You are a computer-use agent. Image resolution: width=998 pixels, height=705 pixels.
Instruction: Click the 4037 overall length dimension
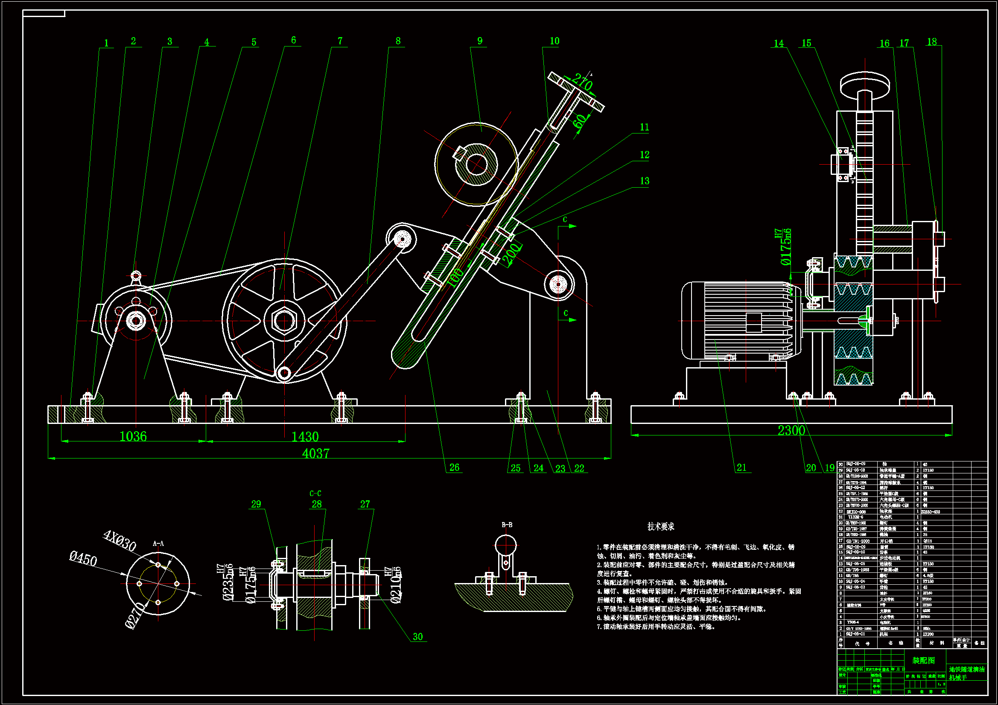click(315, 453)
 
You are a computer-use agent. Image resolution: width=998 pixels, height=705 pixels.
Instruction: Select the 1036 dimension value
click(133, 437)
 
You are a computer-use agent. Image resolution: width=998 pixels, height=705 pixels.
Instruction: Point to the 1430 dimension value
click(305, 437)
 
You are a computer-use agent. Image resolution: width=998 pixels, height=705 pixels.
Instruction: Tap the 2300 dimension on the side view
click(791, 430)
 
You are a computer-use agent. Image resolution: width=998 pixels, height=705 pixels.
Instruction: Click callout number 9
click(480, 41)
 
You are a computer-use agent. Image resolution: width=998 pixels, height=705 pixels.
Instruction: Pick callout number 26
click(454, 467)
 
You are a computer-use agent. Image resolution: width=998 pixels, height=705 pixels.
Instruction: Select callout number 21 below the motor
click(741, 467)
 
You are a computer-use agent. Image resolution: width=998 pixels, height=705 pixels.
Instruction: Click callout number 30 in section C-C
click(418, 637)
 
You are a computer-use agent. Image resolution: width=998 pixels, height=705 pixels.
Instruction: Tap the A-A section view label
click(158, 543)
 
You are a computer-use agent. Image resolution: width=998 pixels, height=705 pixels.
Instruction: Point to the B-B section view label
click(507, 525)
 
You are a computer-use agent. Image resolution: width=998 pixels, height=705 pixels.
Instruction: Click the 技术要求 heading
click(661, 526)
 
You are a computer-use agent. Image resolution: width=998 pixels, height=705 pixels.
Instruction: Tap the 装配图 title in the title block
click(923, 660)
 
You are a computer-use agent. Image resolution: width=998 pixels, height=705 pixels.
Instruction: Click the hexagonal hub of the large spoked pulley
click(284, 321)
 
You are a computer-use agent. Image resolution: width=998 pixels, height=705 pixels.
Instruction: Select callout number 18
click(932, 42)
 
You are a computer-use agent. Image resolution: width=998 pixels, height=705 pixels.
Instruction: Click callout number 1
click(106, 43)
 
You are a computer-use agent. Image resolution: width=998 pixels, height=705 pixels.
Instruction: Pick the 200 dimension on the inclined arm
click(511, 254)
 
